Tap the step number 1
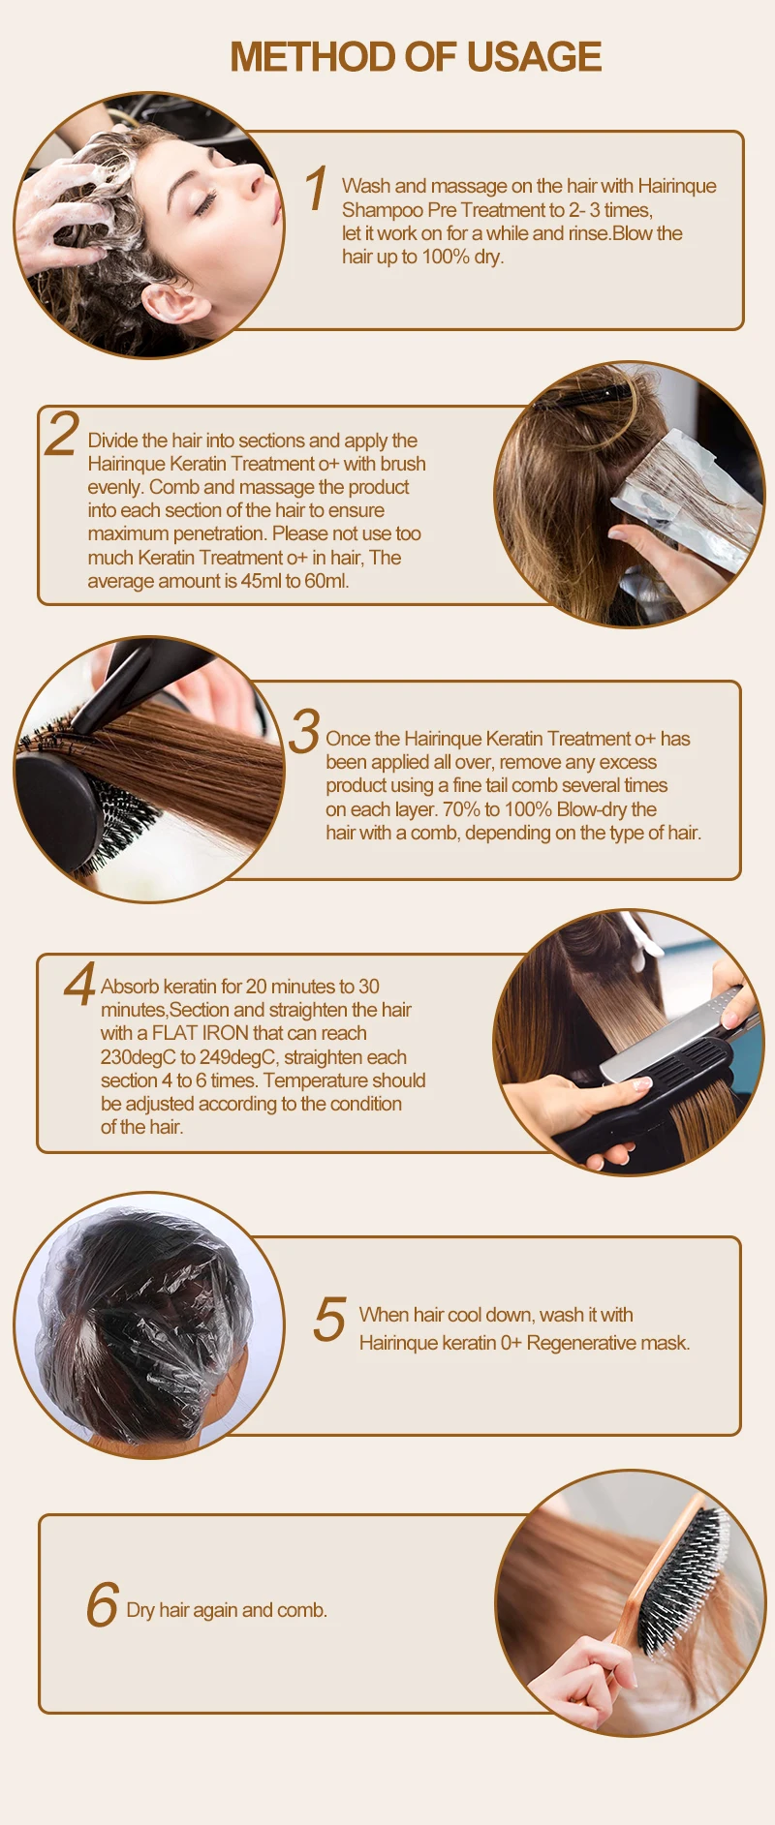(x=316, y=188)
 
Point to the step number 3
(x=304, y=730)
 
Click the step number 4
(x=80, y=984)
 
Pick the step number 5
(x=329, y=1319)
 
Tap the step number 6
(x=102, y=1604)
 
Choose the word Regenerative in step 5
(x=581, y=1343)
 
